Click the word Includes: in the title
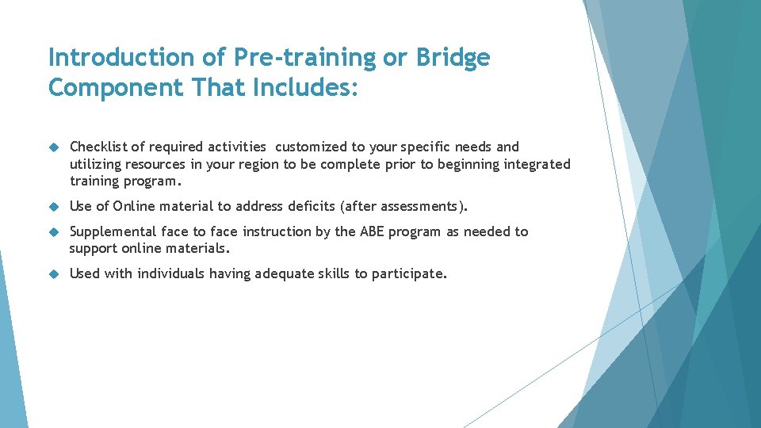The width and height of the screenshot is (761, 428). pos(306,87)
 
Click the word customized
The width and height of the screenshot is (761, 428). pos(311,147)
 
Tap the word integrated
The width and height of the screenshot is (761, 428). pos(535,164)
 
